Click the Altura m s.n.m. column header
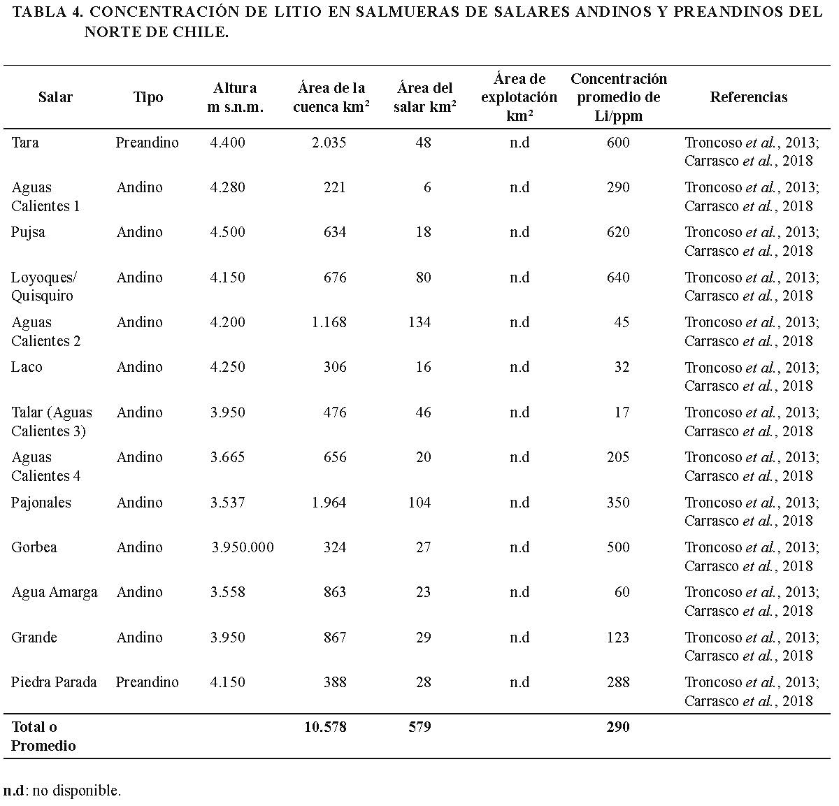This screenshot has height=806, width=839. pyautogui.click(x=235, y=97)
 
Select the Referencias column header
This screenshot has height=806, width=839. pyautogui.click(x=748, y=97)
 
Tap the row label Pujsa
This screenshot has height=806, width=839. pyautogui.click(x=28, y=232)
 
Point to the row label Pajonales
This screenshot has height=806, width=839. pyautogui.click(x=41, y=503)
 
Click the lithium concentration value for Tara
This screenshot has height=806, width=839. pyautogui.click(x=618, y=143)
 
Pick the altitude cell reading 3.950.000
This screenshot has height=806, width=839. pyautogui.click(x=243, y=547)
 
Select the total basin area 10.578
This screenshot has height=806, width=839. pyautogui.click(x=325, y=727)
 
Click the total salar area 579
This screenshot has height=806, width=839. pyautogui.click(x=419, y=727)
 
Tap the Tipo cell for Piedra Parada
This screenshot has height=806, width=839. pyautogui.click(x=147, y=682)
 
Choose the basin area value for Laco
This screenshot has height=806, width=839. pyautogui.click(x=335, y=367)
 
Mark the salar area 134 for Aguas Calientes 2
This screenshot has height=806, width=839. pyautogui.click(x=419, y=322)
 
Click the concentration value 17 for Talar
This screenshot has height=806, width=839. pyautogui.click(x=622, y=412)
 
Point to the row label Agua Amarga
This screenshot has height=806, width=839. pyautogui.click(x=54, y=592)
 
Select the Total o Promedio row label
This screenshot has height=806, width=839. pyautogui.click(x=43, y=736)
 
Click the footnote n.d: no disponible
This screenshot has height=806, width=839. pyautogui.click(x=62, y=791)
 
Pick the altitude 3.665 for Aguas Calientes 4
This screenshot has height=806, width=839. pyautogui.click(x=227, y=457)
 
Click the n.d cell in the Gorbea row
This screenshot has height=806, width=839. pyautogui.click(x=519, y=547)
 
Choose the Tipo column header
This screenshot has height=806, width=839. pyautogui.click(x=148, y=97)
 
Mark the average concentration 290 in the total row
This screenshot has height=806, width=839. pyautogui.click(x=618, y=727)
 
